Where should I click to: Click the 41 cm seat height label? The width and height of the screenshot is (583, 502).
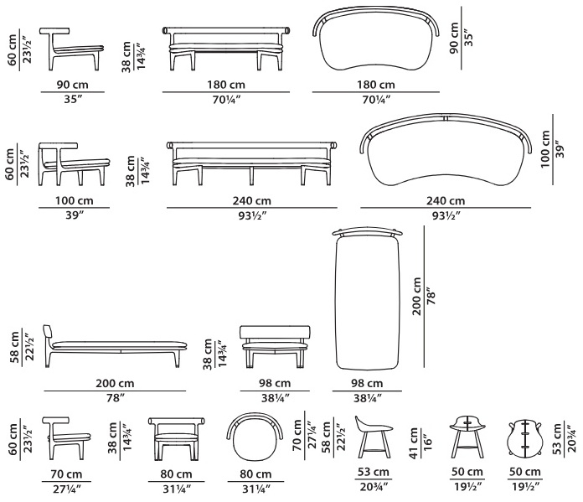click(415, 443)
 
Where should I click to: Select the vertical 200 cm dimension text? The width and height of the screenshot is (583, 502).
click(417, 296)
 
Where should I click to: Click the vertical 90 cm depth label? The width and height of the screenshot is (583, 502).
click(454, 38)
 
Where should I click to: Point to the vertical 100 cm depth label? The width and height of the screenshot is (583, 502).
click(545, 149)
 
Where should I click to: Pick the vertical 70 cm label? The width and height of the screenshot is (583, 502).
click(297, 436)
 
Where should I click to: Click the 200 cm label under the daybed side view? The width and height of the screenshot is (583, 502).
click(115, 383)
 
